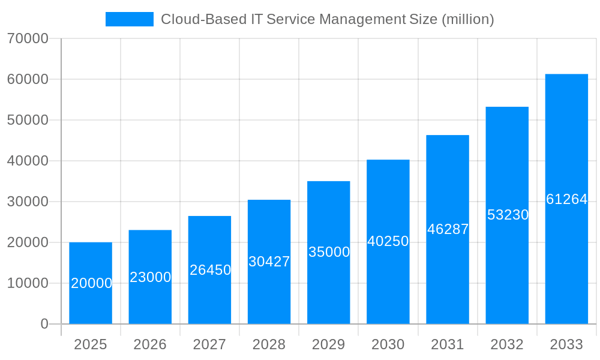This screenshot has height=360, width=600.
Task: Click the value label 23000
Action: (151, 277)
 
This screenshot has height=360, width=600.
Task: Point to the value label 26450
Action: (210, 270)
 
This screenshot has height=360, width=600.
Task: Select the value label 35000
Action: (329, 252)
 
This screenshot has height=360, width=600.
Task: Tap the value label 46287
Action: (448, 229)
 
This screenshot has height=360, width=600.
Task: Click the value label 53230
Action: (507, 215)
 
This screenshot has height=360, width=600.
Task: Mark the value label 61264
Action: (566, 199)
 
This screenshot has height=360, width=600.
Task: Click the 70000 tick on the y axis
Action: (28, 38)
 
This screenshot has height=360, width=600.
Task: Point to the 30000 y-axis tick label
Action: (28, 202)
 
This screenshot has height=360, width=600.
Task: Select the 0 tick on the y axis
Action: (44, 324)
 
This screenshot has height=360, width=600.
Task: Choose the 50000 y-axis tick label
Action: (28, 120)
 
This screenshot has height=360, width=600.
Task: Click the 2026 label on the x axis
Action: (150, 344)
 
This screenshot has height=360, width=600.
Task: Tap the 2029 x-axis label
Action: (329, 344)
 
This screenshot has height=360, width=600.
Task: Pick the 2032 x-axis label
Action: (507, 344)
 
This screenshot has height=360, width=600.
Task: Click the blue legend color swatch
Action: (130, 19)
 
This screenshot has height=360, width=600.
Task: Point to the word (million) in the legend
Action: (467, 19)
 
